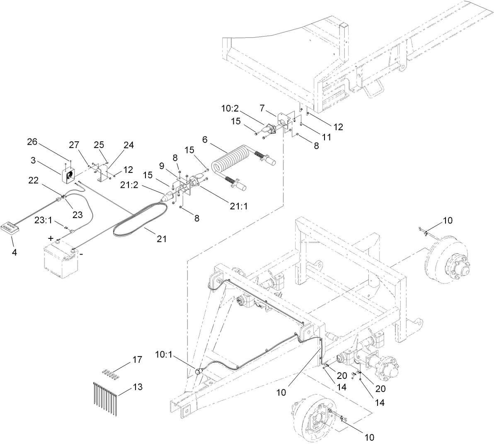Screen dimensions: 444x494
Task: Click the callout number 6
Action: click(x=204, y=140)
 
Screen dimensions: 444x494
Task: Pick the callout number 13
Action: click(x=138, y=387)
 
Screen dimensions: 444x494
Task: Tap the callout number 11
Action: click(x=327, y=136)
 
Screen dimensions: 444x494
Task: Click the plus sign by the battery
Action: click(x=51, y=238)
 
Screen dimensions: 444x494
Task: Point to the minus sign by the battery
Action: click(x=81, y=255)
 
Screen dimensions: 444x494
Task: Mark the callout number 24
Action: click(x=129, y=145)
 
